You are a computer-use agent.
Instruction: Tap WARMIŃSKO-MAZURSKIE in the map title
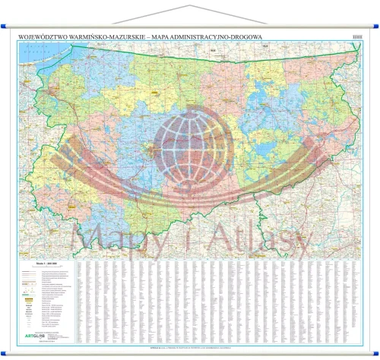pyautogui.click(x=115, y=34)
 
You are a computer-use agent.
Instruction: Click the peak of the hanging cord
pyautogui.click(x=189, y=6)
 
